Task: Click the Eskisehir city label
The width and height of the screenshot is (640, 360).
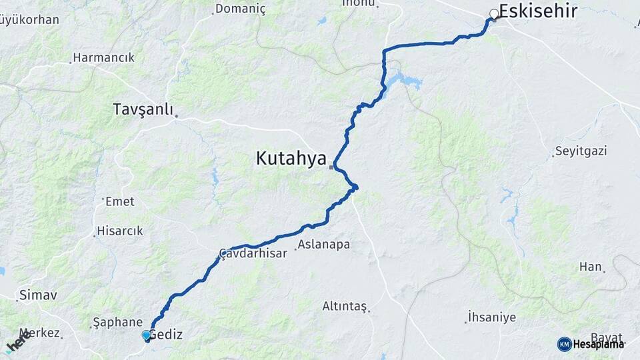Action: coord(537,11)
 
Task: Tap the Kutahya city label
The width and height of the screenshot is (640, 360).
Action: coord(291,159)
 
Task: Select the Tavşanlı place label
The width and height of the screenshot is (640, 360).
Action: coord(143,109)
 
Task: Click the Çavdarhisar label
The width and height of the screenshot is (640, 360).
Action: coord(253,253)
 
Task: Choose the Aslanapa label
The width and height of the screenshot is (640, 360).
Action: coord(323,245)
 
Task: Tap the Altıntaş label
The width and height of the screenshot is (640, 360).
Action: coord(345,306)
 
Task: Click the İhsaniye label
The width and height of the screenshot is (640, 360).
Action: coord(492,317)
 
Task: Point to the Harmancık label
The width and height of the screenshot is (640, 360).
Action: coord(103,57)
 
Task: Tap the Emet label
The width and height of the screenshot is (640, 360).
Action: coord(120,201)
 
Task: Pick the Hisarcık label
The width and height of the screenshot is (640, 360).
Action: coord(120,231)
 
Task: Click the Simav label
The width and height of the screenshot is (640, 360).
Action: coord(38,294)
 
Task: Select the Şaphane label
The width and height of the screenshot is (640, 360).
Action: coord(117,322)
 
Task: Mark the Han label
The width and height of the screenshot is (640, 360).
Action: coord(590,267)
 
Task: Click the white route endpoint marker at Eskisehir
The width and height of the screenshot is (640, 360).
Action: coord(494,13)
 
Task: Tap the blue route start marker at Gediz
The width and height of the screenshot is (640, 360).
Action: coord(146,335)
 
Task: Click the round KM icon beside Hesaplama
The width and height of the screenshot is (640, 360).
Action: coord(564,344)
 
